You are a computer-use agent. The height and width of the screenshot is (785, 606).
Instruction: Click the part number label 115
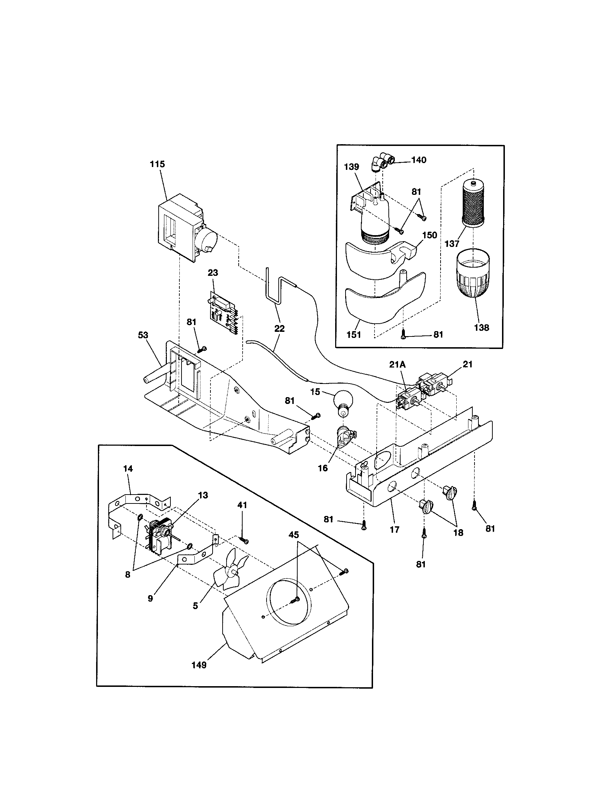tap(157, 164)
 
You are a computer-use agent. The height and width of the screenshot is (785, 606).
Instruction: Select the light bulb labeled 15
tap(343, 401)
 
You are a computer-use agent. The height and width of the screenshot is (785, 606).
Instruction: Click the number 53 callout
tap(143, 335)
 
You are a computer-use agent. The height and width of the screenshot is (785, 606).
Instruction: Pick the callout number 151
tap(353, 334)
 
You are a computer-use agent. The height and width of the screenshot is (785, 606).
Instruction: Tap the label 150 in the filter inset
tap(430, 235)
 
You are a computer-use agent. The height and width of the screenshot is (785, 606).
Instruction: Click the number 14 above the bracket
tap(128, 469)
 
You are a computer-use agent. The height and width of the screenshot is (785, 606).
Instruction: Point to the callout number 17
tap(394, 530)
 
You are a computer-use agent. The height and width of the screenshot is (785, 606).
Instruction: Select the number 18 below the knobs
tap(458, 533)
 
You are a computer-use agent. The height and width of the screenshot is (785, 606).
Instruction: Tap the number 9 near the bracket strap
tap(150, 598)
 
